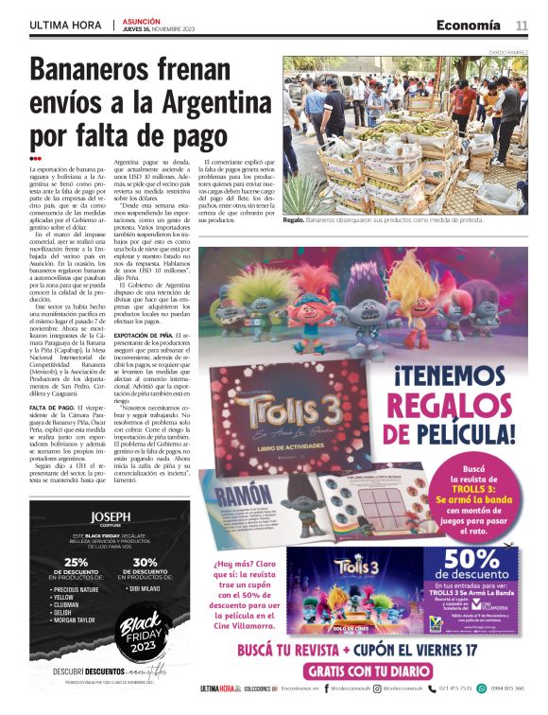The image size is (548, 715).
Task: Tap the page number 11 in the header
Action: [x=521, y=25]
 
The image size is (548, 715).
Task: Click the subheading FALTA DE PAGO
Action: [x=51, y=408]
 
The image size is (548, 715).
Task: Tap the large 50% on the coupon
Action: [x=469, y=559]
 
